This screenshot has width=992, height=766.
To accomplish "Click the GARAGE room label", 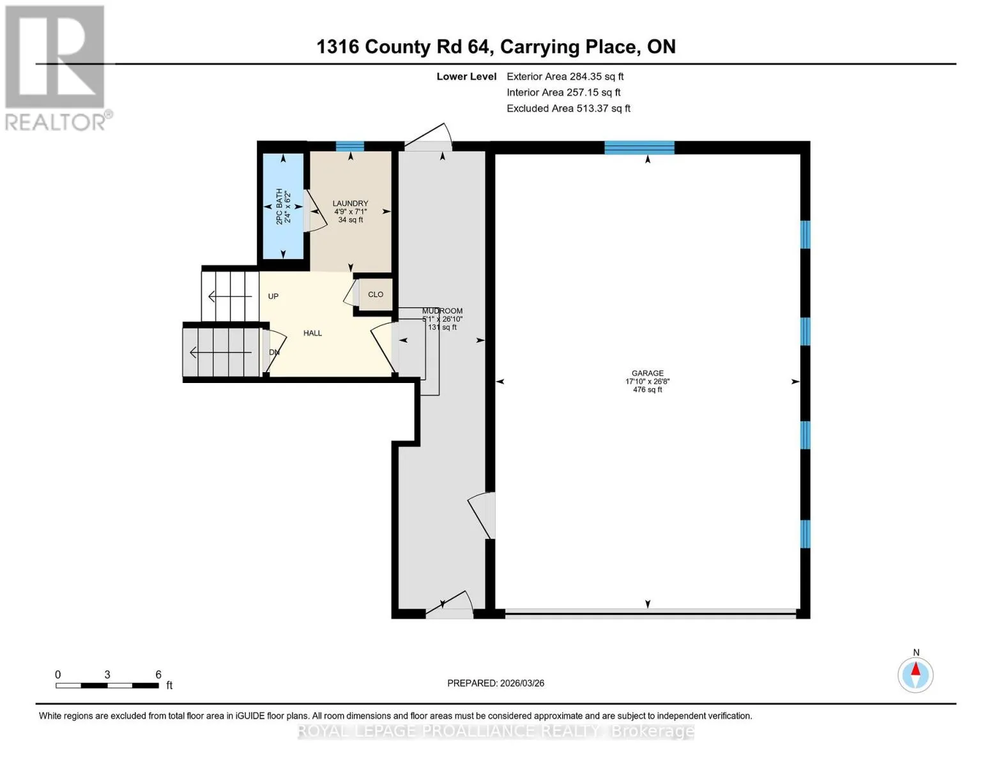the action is coord(647,373).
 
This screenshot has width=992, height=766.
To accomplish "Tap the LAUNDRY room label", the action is coord(350,204).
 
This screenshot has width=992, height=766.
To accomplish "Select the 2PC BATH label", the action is coord(279,206).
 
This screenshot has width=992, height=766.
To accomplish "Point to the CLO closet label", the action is coord(376,295).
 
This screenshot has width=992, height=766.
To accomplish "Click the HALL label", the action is coord(313,333).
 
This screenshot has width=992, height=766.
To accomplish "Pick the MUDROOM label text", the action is coord(442,311).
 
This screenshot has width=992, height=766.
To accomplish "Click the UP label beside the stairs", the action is coord(273,297).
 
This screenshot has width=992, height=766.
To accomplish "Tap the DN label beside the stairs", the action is coord(274,352).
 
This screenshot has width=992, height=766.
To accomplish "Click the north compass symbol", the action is coord(915,674).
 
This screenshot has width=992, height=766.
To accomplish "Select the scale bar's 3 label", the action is coord(107,675).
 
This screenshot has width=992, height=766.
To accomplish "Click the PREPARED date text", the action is coord(496,683).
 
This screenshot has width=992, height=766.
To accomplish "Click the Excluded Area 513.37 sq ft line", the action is coord(568,109).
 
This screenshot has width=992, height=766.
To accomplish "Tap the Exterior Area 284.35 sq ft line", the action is coord(565,77).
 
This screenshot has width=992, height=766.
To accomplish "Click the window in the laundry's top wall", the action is coord(350,146).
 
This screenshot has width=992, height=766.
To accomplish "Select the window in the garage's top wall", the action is coord(639,148).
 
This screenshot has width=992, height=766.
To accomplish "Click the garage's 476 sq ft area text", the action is coord(647,390).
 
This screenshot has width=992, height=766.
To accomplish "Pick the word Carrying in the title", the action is coord(540,47).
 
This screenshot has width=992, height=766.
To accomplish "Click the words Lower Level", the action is coord(466,77).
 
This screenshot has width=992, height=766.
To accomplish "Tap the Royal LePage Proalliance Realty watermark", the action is coord(496,732).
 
